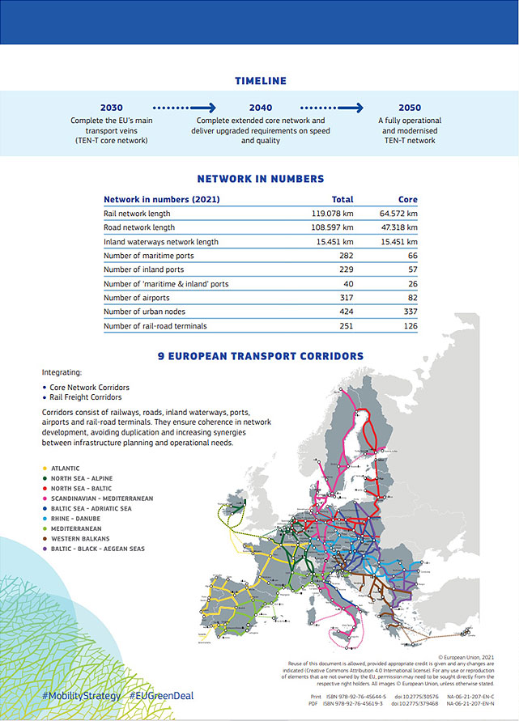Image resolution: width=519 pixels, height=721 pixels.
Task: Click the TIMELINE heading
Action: pos(260,81)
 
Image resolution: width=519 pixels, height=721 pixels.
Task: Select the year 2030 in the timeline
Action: pos(112,108)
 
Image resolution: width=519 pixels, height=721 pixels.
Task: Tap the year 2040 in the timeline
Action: pos(261,108)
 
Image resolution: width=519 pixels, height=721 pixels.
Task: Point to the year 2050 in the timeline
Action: pos(410,108)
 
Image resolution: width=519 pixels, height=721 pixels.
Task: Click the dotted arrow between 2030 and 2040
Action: pos(185,107)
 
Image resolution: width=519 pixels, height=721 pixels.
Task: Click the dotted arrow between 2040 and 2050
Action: pos(332,107)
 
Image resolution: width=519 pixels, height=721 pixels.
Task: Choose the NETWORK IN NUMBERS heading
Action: pos(261,179)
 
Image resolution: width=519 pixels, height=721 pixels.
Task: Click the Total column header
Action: pos(342,199)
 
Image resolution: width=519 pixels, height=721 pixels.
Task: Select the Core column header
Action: pos(407,199)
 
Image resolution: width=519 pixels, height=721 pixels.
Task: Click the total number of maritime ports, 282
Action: pos(346,256)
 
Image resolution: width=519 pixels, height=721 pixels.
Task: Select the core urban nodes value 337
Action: pos(409,312)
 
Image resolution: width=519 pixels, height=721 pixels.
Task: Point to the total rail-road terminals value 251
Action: pos(346,326)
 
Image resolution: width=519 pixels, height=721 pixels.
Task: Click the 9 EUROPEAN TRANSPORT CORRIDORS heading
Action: pos(260,355)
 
